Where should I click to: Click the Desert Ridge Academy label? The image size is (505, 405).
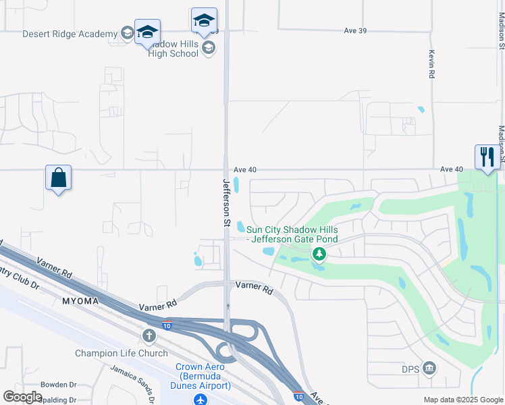pos(70,34)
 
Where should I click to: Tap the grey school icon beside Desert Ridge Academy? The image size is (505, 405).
pos(127,33)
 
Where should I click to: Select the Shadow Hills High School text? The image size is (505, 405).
pos(174,49)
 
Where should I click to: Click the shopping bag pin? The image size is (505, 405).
pos(59,178)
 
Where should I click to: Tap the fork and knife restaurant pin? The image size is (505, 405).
pos(487,158)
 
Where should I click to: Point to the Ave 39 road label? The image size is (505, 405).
pos(355,30)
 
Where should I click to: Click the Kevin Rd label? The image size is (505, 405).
pos(431,65)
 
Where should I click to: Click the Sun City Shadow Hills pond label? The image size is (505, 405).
pos(292,234)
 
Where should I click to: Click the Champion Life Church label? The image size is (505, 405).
pos(122,353)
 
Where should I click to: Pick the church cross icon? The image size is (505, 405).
pos(149,335)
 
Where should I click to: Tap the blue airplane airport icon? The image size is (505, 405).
pos(200,399)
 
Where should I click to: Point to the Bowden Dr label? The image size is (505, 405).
pos(59,385)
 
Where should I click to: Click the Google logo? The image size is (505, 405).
pos(23,397)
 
